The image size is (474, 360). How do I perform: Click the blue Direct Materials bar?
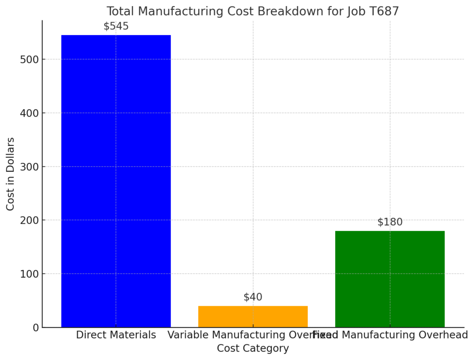(116, 180)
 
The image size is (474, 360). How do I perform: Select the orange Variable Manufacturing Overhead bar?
(253, 317)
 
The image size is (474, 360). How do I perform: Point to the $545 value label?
(116, 26)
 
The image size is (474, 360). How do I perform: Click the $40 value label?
(253, 297)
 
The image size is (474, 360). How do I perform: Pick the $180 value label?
(390, 222)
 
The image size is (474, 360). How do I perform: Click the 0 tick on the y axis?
(36, 328)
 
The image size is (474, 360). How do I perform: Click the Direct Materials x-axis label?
(116, 335)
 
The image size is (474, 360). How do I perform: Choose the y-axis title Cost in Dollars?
(10, 174)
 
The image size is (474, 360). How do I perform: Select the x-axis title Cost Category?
(253, 348)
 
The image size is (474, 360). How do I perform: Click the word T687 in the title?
(383, 11)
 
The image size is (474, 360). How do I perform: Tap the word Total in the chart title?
(118, 11)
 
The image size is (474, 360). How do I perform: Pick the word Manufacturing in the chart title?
(179, 11)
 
